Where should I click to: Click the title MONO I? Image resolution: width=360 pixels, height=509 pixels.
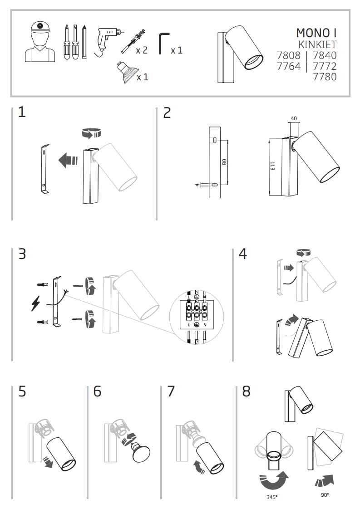tap(316, 33)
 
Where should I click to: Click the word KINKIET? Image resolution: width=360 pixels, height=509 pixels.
tap(317, 44)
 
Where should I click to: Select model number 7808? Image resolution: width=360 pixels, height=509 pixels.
tap(289, 55)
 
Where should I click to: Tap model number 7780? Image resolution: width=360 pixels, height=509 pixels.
tap(325, 77)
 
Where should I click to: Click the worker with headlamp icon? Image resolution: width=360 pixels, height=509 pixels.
tap(40, 42)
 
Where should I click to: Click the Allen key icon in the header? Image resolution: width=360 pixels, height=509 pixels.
tap(163, 44)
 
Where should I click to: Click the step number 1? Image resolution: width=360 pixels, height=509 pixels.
tap(22, 112)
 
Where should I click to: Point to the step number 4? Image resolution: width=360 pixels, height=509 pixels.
tap(243, 254)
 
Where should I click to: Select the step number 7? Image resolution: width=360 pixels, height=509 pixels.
tap(171, 391)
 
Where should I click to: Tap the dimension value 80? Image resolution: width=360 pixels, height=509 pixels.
tap(224, 162)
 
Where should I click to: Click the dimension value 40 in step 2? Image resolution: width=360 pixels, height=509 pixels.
tap(294, 119)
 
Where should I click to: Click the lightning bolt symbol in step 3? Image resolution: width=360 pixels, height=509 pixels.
tap(35, 303)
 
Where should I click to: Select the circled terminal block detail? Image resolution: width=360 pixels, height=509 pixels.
tap(197, 317)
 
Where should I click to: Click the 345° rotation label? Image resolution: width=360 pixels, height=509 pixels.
tap(272, 497)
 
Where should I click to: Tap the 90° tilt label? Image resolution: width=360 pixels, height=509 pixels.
tap(325, 495)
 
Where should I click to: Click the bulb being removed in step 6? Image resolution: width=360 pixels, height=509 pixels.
tap(142, 451)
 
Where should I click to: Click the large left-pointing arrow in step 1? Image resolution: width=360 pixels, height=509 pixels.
tap(69, 159)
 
